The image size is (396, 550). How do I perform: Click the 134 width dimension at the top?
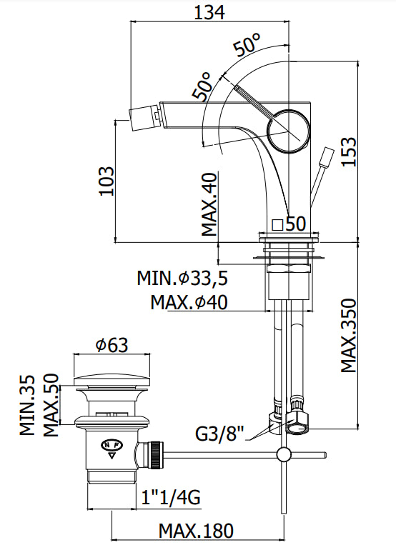tap(209, 13)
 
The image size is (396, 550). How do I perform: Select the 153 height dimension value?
tap(349, 152)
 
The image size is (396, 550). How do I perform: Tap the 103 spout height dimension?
tap(107, 181)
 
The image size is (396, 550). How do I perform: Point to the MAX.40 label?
tap(209, 204)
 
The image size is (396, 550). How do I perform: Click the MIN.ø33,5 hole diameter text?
tap(182, 278)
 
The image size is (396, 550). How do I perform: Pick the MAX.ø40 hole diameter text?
tap(189, 302)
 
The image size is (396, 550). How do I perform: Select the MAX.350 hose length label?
tap(349, 336)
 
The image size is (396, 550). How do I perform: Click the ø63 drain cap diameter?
tap(112, 345)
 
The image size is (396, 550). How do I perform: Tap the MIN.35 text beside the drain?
tap(27, 405)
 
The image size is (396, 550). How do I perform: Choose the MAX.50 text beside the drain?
tap(51, 405)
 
